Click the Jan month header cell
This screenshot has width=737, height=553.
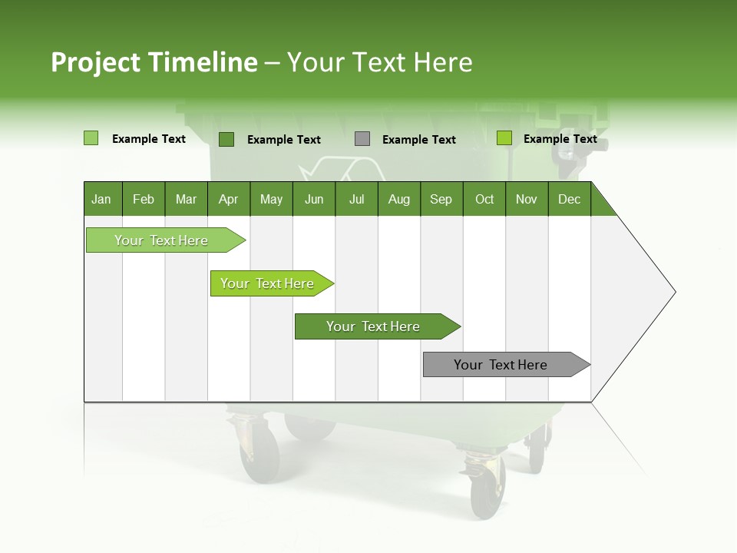pyautogui.click(x=102, y=199)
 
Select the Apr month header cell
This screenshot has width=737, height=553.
pyautogui.click(x=229, y=199)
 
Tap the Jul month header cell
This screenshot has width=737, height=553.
pyautogui.click(x=356, y=199)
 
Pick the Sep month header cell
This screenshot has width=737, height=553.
pyautogui.click(x=441, y=199)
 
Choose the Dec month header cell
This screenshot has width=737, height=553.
pyautogui.click(x=569, y=199)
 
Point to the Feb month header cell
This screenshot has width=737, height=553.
pyautogui.click(x=144, y=199)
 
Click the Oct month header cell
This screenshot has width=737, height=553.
pyautogui.click(x=484, y=199)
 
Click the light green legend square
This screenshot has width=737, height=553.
pyautogui.click(x=91, y=138)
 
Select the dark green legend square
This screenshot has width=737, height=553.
pyautogui.click(x=226, y=139)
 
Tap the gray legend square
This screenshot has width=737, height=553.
pyautogui.click(x=362, y=139)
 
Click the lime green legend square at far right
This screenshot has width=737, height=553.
pyautogui.click(x=504, y=138)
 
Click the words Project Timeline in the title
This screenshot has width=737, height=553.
pyautogui.click(x=154, y=62)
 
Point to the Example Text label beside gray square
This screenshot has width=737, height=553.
pyautogui.click(x=418, y=140)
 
